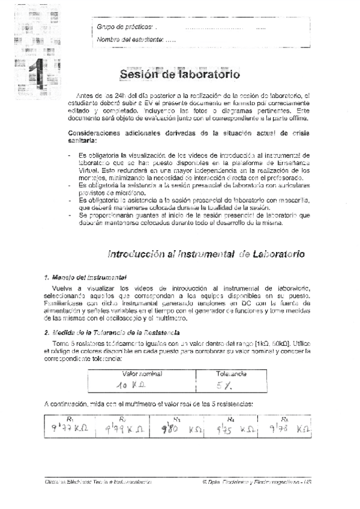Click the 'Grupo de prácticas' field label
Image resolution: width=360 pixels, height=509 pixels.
(125, 27)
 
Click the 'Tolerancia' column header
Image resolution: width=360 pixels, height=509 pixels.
(232, 373)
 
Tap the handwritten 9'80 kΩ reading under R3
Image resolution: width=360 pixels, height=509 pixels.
(178, 429)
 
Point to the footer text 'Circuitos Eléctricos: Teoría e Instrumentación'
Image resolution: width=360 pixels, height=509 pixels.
(98, 482)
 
